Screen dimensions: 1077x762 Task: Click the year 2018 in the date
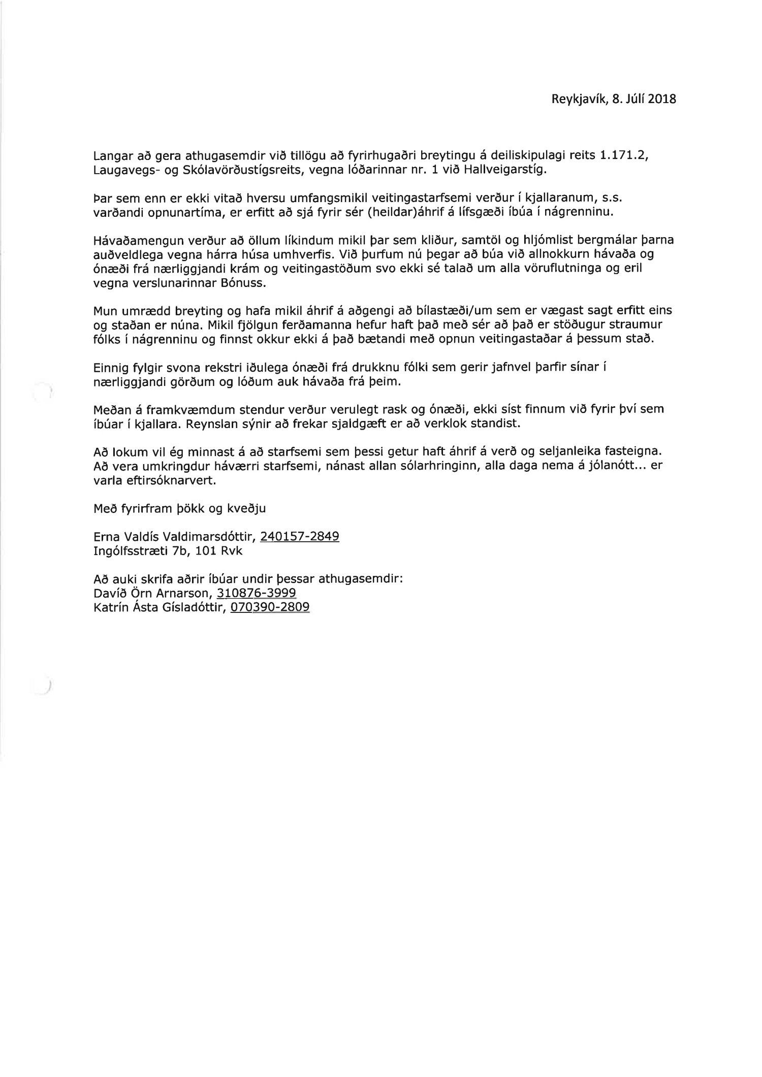click(x=662, y=100)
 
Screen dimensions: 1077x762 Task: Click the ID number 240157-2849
click(x=299, y=536)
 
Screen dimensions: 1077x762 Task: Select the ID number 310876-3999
click(x=257, y=593)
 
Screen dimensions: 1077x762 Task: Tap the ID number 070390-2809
click(x=270, y=607)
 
